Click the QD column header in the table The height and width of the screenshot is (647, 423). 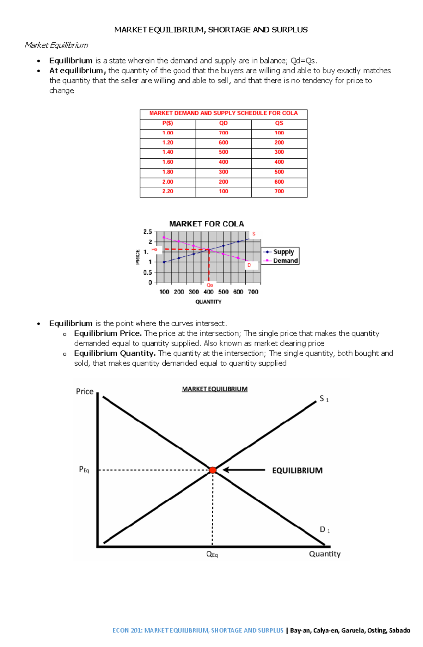(x=223, y=123)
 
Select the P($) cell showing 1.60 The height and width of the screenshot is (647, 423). (x=168, y=162)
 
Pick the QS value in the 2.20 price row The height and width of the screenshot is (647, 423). (x=279, y=191)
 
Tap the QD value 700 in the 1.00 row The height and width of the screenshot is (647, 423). (x=223, y=133)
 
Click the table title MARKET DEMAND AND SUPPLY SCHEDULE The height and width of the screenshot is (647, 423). (x=223, y=113)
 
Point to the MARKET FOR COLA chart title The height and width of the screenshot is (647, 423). (x=207, y=224)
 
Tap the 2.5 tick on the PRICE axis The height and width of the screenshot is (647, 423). (x=148, y=232)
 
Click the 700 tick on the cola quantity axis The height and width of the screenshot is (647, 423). (x=253, y=292)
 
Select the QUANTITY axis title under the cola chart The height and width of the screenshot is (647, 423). (x=208, y=302)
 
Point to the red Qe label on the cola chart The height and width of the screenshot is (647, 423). (x=210, y=285)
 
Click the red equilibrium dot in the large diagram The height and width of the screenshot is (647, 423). (x=213, y=470)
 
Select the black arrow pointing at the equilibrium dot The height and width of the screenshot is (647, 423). (x=244, y=470)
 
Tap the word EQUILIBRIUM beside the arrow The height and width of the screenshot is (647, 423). (x=297, y=470)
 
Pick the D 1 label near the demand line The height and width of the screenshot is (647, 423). (x=324, y=530)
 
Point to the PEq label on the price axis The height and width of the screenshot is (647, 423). (x=84, y=470)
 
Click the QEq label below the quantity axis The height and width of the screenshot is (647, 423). (x=212, y=554)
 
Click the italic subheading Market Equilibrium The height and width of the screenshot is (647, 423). (x=56, y=45)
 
